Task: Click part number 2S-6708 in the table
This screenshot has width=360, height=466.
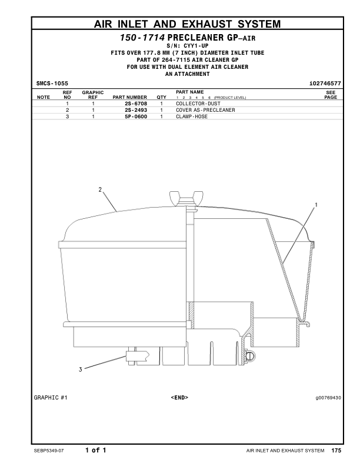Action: point(136,103)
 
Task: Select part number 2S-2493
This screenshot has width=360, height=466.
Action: point(136,109)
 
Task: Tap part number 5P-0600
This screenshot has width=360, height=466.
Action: point(136,116)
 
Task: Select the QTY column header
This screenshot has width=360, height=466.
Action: point(161,97)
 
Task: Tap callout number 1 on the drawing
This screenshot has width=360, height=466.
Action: point(316,205)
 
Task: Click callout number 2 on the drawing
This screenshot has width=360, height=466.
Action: point(101,190)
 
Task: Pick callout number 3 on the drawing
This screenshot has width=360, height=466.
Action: point(80,370)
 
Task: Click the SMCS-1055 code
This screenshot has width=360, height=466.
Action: point(52,84)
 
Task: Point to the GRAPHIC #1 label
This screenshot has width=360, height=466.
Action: point(51,398)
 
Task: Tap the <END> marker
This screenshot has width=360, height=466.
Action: point(179,398)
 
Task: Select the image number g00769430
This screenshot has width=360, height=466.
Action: point(324,398)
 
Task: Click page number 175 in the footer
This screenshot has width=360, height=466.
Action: point(336,451)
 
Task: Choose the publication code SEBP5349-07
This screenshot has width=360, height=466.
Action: point(52,451)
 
